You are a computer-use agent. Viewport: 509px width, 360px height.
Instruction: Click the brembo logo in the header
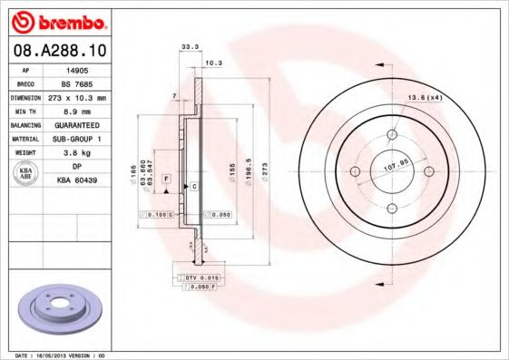57,21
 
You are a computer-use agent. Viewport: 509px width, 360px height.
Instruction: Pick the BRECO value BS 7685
77,83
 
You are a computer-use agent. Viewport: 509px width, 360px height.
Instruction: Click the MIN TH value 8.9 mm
76,109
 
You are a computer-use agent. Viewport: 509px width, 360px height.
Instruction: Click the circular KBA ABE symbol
26,174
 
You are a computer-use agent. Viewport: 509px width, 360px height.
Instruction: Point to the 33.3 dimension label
190,45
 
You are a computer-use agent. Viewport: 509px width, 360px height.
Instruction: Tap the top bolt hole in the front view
394,136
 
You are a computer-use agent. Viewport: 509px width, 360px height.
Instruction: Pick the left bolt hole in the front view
356,172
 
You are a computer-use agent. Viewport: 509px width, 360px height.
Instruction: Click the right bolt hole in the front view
430,172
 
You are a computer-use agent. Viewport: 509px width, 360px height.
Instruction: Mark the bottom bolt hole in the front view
394,209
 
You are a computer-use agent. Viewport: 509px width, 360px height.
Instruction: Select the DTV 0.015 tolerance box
197,276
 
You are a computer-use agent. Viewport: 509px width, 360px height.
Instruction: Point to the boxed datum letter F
167,180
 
